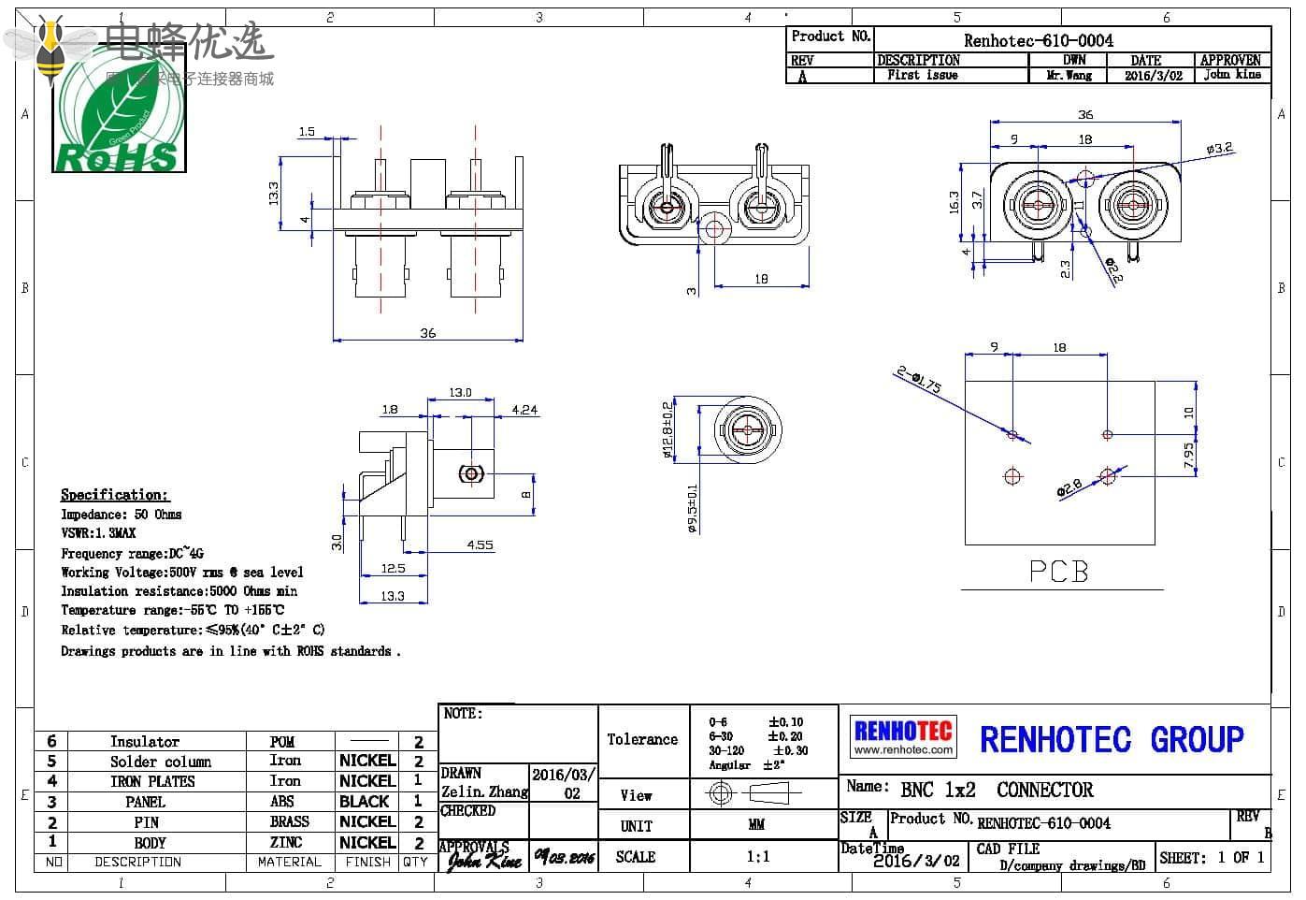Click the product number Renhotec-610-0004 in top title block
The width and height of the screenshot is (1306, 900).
1038,40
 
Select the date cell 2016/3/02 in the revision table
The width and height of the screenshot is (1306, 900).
1153,76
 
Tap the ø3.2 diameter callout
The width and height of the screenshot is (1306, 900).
1219,149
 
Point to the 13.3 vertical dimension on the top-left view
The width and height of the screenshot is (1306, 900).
273,193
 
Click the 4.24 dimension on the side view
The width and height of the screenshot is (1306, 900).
525,409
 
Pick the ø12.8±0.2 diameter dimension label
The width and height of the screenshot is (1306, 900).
667,430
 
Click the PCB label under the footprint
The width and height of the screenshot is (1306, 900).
1058,571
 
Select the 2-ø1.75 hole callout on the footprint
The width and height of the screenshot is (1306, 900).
919,380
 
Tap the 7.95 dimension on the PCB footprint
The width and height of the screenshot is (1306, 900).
1188,455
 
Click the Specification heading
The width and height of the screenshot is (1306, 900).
114,494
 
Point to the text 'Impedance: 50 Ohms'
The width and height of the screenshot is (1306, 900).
122,515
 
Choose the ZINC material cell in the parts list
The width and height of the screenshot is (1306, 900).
286,842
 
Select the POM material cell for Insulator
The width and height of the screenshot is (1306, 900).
282,742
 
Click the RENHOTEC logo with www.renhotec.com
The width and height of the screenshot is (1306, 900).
902,736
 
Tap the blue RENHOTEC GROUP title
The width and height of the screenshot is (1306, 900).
1111,740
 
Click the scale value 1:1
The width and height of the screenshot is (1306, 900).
757,856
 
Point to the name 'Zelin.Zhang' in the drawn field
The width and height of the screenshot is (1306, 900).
484,792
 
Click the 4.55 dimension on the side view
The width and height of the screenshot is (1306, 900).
480,544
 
